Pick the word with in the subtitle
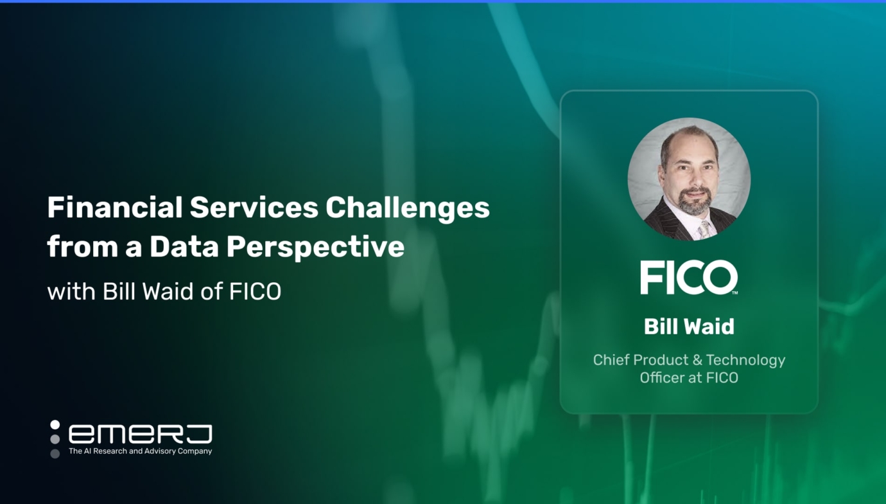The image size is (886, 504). pos(70,291)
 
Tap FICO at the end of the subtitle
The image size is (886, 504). pos(255,291)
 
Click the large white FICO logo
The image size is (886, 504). pos(688,278)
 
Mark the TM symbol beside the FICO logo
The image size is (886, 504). pos(735,292)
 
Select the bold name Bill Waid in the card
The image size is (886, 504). pos(689,327)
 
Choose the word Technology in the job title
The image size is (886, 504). pos(746,360)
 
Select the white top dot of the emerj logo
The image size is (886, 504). pos(55,424)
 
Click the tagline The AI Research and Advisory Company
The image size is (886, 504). pos(140,451)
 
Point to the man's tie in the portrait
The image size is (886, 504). pos(704,230)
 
